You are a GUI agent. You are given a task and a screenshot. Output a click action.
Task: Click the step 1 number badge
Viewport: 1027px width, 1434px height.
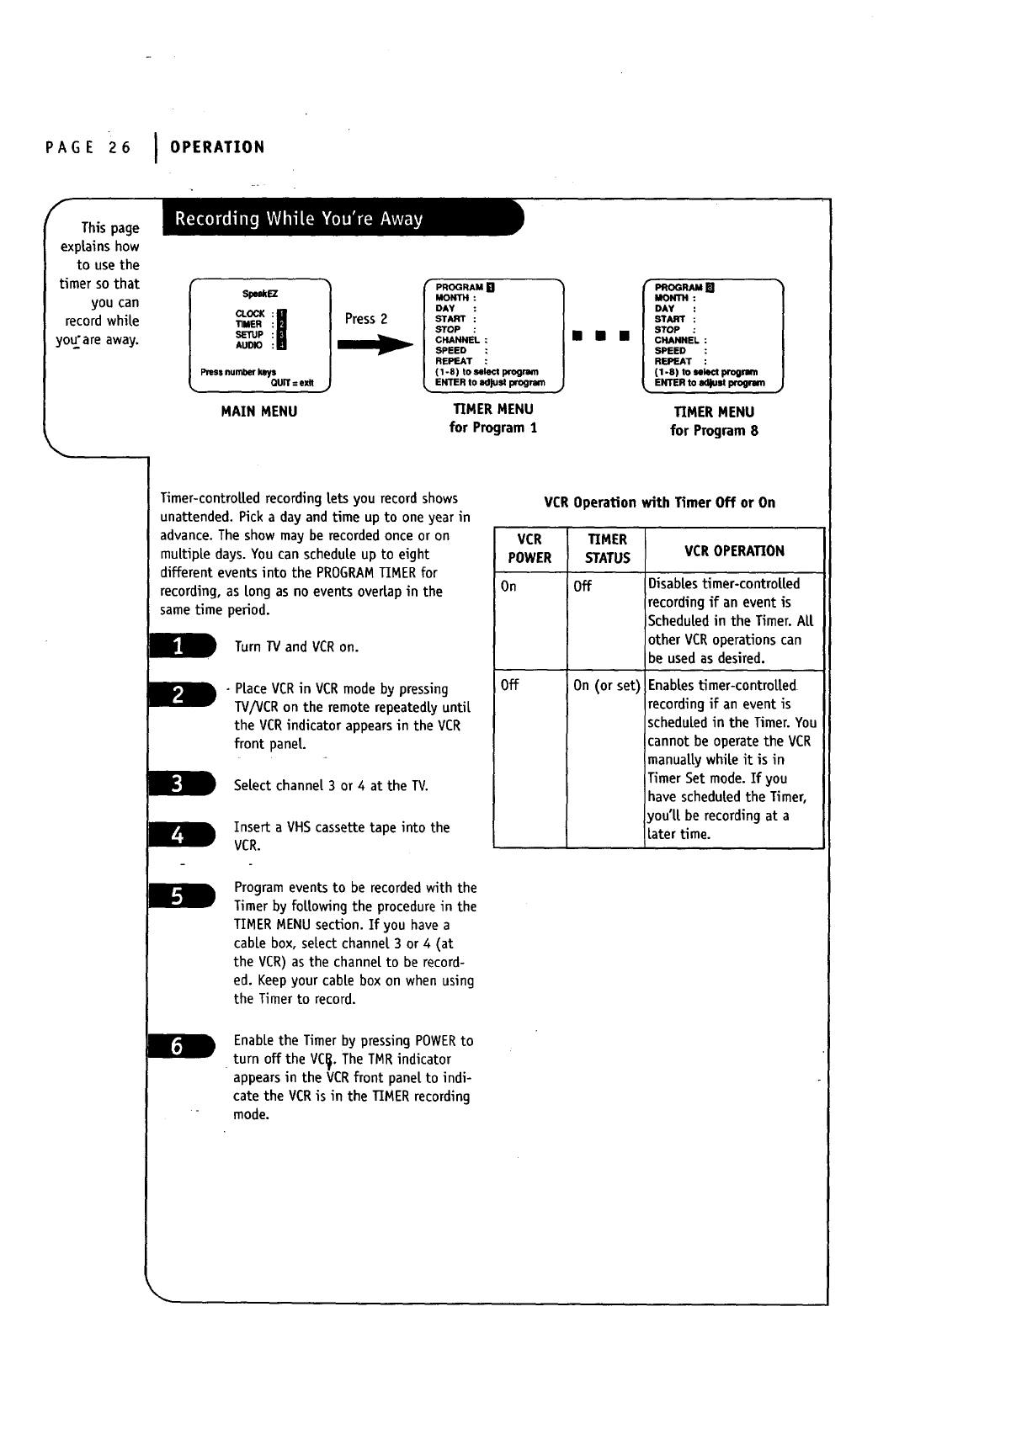(x=181, y=646)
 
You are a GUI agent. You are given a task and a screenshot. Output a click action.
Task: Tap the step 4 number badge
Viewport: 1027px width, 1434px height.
(x=181, y=835)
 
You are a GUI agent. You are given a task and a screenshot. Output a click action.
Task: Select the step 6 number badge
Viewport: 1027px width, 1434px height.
(x=181, y=1046)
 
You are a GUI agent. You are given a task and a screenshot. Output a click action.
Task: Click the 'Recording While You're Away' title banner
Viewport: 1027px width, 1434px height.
(x=341, y=219)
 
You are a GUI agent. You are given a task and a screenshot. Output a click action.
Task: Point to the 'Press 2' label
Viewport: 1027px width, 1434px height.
(x=366, y=319)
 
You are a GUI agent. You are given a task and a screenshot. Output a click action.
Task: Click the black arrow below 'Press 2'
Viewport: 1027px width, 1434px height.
(x=375, y=344)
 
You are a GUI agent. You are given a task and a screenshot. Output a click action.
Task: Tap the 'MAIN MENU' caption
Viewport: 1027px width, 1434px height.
(x=258, y=412)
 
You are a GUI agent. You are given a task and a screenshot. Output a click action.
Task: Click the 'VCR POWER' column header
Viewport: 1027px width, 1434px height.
(x=529, y=549)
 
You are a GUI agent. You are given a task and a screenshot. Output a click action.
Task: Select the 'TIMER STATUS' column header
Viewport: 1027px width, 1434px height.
(x=607, y=549)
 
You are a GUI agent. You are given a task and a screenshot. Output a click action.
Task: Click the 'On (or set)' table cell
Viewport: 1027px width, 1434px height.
(x=606, y=685)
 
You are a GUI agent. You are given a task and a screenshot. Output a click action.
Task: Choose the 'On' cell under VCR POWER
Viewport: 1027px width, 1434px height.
(x=508, y=587)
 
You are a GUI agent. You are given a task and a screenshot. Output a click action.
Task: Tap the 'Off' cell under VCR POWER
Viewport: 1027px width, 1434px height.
(x=509, y=685)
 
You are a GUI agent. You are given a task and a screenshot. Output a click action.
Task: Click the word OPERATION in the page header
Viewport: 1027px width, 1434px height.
(x=217, y=147)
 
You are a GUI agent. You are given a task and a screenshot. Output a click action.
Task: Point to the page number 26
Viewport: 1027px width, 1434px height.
(x=120, y=147)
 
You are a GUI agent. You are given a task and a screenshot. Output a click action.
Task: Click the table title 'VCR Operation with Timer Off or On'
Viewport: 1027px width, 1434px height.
(x=659, y=502)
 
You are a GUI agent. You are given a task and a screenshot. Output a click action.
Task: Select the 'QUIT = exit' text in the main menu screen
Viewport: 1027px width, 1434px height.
(x=291, y=381)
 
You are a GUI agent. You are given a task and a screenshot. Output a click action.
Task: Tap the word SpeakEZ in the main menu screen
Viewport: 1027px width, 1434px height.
(x=259, y=294)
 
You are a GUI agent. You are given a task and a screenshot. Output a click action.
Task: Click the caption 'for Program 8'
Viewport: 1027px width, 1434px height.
(x=714, y=431)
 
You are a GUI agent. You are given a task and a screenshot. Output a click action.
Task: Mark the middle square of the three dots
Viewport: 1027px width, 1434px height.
(x=599, y=336)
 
